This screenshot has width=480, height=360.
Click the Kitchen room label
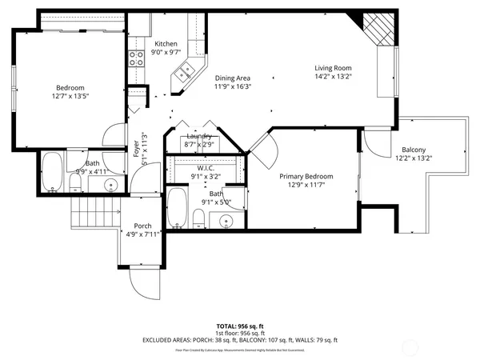point(166,44)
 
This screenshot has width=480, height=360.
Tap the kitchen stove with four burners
point(135,57)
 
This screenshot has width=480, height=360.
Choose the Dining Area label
point(233,78)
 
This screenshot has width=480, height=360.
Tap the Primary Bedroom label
point(306,176)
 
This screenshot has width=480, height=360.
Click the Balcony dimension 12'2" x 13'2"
point(414,158)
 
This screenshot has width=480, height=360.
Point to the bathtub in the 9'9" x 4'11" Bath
point(53,171)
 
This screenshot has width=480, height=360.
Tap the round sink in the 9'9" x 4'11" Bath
point(111,186)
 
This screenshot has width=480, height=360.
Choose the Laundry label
point(198,136)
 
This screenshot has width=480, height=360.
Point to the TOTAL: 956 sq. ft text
point(240,326)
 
